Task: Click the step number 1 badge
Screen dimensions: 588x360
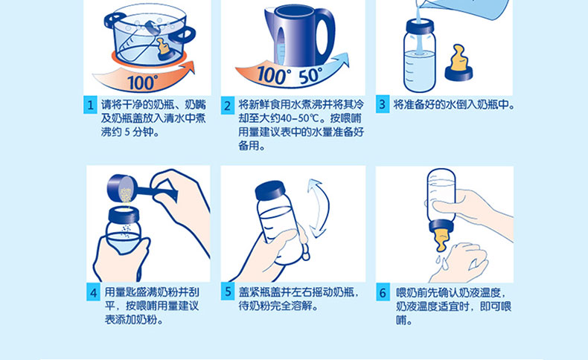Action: [90, 106]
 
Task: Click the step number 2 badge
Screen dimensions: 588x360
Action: [227, 106]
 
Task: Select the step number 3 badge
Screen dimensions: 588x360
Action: [383, 105]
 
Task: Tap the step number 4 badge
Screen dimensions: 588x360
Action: [93, 292]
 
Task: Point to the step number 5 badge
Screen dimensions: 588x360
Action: [228, 292]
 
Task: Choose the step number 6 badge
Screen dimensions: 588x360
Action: [383, 292]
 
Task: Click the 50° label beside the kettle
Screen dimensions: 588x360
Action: [310, 77]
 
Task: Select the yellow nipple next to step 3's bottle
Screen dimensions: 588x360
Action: [459, 59]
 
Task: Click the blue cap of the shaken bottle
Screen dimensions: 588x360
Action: [274, 190]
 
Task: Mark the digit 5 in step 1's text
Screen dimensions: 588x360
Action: [127, 132]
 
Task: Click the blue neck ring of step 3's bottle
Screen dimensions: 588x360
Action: [420, 26]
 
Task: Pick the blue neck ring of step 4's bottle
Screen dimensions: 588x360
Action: [124, 214]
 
